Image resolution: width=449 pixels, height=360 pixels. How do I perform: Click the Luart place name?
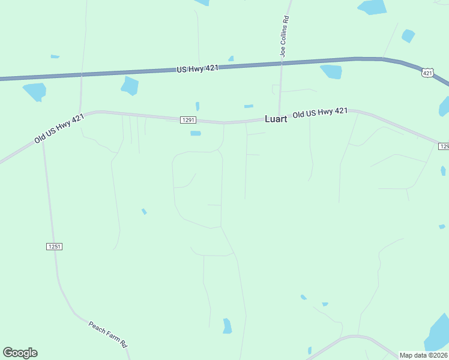coord(276,119)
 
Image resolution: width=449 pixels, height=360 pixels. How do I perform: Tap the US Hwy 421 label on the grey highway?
coord(197,69)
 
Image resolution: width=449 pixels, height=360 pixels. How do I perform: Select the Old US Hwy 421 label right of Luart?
coord(320,113)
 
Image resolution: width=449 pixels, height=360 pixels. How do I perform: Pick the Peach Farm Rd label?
coord(108,335)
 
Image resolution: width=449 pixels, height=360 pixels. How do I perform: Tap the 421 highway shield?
coord(427,73)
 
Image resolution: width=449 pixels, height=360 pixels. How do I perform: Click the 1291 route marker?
coord(188,120)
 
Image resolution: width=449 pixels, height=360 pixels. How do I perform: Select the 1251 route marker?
coord(54,247)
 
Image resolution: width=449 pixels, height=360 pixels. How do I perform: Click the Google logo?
coord(20,353)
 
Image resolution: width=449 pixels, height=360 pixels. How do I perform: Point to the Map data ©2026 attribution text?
coord(423,355)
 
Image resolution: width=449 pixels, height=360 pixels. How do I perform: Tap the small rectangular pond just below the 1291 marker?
coord(195,133)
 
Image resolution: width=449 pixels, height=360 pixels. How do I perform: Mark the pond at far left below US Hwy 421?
coord(34,91)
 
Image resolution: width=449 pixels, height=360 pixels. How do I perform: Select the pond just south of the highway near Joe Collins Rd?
coord(331,71)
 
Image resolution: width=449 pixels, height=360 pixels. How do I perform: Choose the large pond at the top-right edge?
coord(373,7)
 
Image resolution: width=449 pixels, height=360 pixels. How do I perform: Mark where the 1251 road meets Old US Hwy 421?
coord(43,142)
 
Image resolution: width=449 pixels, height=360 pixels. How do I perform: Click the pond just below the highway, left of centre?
coord(130,85)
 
